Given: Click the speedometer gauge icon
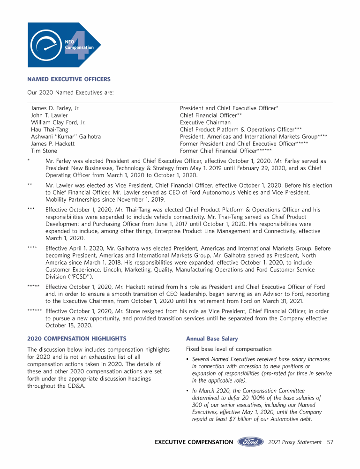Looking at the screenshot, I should pyautogui.click(x=46, y=45).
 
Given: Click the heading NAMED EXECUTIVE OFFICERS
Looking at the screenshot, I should pyautogui.click(x=69, y=79).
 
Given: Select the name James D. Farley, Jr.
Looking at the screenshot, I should pyautogui.click(x=55, y=108).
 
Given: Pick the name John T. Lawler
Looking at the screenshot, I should pyautogui.click(x=49, y=115).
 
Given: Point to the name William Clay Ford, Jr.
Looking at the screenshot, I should pyautogui.click(x=58, y=122).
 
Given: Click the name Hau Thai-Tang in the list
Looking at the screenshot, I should pyautogui.click(x=49, y=129).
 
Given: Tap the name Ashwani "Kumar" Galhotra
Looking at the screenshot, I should pyautogui.click(x=66, y=136).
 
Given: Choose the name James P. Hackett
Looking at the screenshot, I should pyautogui.click(x=52, y=144).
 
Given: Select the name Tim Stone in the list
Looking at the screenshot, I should pyautogui.click(x=44, y=151).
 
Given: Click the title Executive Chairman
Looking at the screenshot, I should pyautogui.click(x=205, y=122).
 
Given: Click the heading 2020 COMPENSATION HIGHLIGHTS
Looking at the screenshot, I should pyautogui.click(x=77, y=338).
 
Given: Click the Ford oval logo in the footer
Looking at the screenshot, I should pyautogui.click(x=250, y=442).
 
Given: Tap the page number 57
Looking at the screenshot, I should pyautogui.click(x=330, y=442).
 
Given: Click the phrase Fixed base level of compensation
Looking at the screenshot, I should pyautogui.click(x=229, y=349).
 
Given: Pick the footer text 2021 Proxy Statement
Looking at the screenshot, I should pyautogui.click(x=295, y=442).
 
